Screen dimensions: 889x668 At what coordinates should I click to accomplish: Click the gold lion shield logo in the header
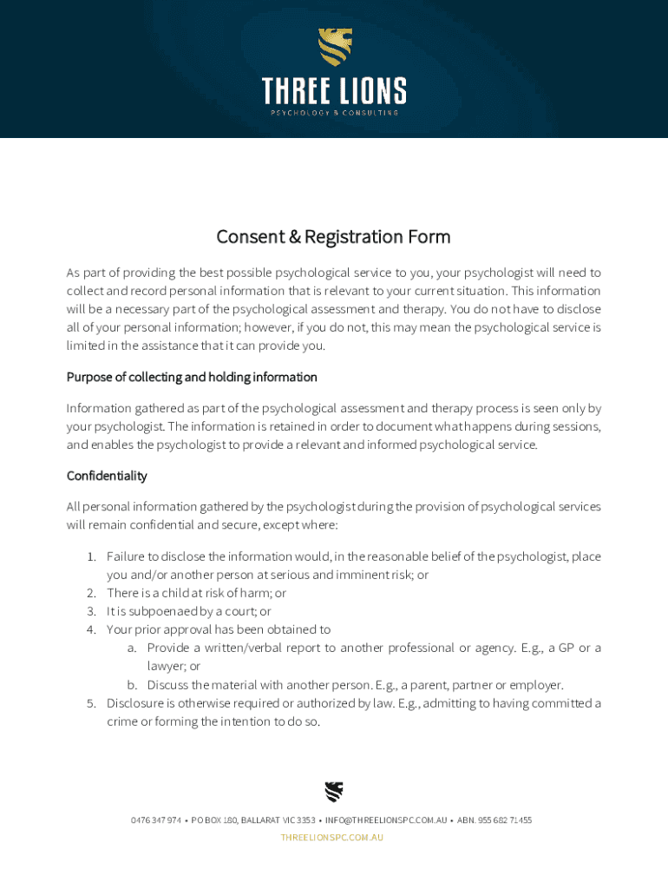[334, 47]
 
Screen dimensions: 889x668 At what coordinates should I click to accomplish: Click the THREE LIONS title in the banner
[334, 90]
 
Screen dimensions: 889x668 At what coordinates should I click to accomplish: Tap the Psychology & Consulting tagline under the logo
[334, 113]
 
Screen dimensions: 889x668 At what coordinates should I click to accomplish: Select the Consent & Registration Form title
[333, 237]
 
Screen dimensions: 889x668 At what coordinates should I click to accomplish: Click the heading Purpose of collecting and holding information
[192, 377]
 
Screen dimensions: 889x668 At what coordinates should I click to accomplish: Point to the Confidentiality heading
[107, 476]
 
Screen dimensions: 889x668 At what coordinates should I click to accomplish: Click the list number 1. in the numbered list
[91, 556]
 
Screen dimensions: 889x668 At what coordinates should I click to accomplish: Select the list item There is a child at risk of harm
[196, 593]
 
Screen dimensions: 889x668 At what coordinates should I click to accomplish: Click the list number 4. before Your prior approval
[91, 629]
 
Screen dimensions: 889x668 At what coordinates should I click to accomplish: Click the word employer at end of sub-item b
[537, 685]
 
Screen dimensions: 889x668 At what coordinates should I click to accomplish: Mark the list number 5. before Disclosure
[91, 703]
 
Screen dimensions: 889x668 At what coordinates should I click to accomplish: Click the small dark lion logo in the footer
[334, 792]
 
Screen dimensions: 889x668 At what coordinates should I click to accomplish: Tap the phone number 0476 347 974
[156, 820]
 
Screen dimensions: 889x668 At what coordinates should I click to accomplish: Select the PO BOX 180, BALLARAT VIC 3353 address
[253, 820]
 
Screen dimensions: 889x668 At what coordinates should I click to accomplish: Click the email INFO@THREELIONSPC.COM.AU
[386, 820]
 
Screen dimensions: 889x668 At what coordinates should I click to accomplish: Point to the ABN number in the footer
[494, 820]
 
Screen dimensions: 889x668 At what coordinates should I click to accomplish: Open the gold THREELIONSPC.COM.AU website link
[332, 838]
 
